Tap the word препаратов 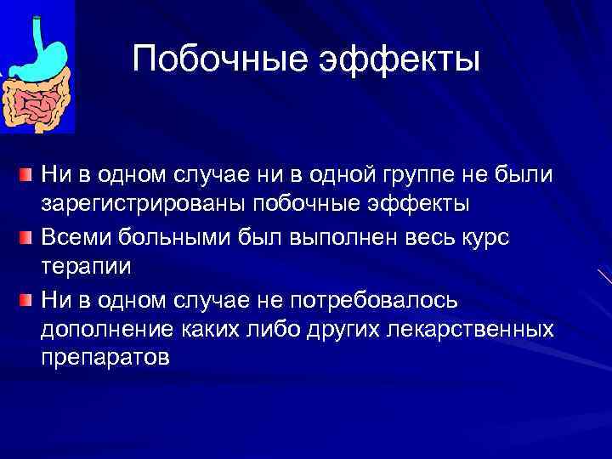pyautogui.click(x=105, y=358)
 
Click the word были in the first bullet pyautogui.click(x=526, y=175)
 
